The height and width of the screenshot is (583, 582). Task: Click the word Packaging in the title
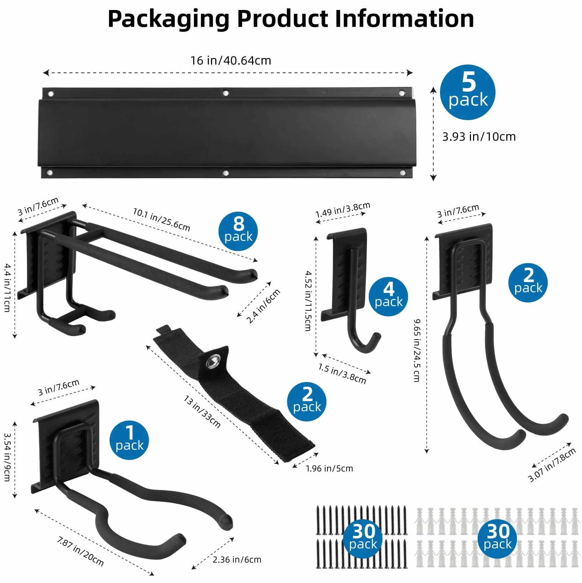point(169,19)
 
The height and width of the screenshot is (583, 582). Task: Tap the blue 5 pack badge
point(468,92)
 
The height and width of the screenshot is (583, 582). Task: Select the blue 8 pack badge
point(238,231)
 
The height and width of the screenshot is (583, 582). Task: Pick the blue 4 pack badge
point(388,296)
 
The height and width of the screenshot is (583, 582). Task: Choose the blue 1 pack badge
point(129,440)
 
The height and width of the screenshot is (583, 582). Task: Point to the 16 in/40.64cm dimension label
point(231,61)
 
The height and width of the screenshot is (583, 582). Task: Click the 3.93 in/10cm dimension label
point(479,137)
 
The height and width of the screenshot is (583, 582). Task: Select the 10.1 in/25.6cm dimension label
point(162,220)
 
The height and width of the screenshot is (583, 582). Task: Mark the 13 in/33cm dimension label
point(202,411)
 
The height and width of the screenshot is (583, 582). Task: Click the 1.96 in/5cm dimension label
point(329,468)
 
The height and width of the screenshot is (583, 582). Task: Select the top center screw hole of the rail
point(225,93)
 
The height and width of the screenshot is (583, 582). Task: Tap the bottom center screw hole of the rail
point(225,174)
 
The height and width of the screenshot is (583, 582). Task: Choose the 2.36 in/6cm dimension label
point(237,560)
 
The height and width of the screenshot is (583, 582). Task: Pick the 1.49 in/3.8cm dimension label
point(343,210)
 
